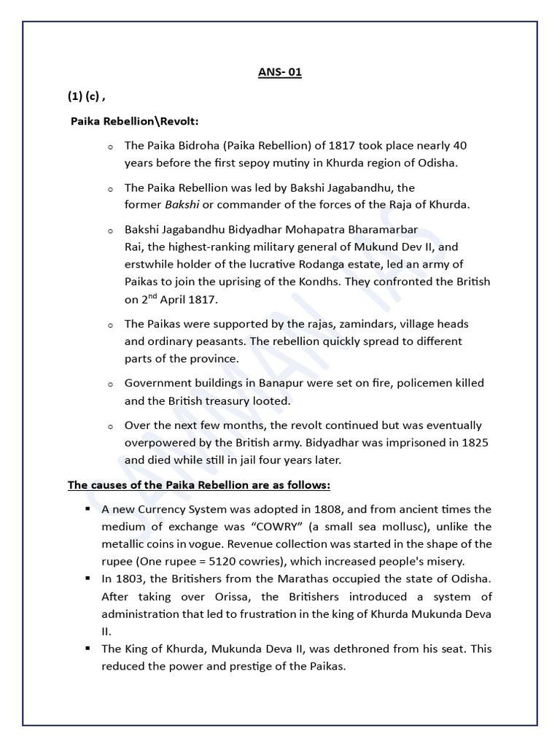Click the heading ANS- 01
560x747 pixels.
[280, 72]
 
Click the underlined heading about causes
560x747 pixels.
[199, 485]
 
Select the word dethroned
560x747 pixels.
[329, 649]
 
